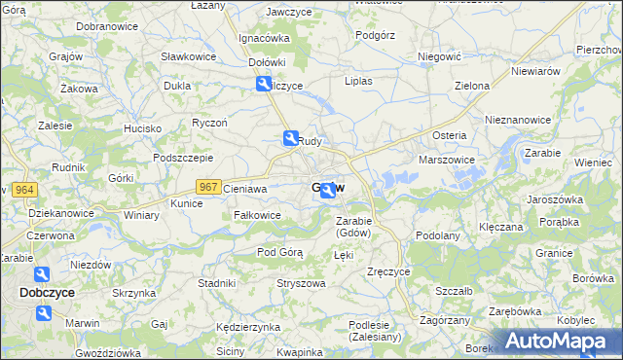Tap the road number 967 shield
(207, 187)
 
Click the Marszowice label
(446, 160)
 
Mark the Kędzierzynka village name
(248, 327)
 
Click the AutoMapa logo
(556, 342)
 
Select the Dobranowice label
(105, 25)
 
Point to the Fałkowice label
(257, 215)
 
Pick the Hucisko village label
(142, 128)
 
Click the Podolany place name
(437, 235)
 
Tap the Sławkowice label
(189, 56)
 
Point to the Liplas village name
(358, 82)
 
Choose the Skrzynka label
(133, 293)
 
